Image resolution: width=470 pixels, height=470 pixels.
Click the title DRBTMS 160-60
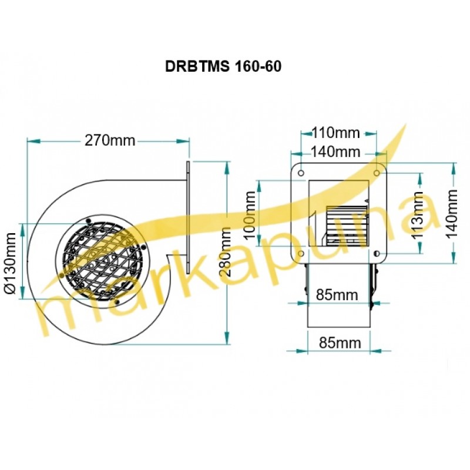point(223,66)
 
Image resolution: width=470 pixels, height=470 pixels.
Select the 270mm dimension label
point(110,140)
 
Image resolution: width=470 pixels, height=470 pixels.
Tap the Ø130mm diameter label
point(11,263)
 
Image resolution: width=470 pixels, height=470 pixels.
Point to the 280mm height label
point(225,252)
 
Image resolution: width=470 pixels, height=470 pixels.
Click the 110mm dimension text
point(335,132)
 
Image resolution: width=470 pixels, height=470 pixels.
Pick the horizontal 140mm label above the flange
point(335,152)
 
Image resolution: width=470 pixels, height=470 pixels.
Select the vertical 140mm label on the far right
point(451,214)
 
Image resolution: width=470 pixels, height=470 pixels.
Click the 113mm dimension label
point(418,215)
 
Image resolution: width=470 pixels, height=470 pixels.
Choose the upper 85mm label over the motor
point(337,295)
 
